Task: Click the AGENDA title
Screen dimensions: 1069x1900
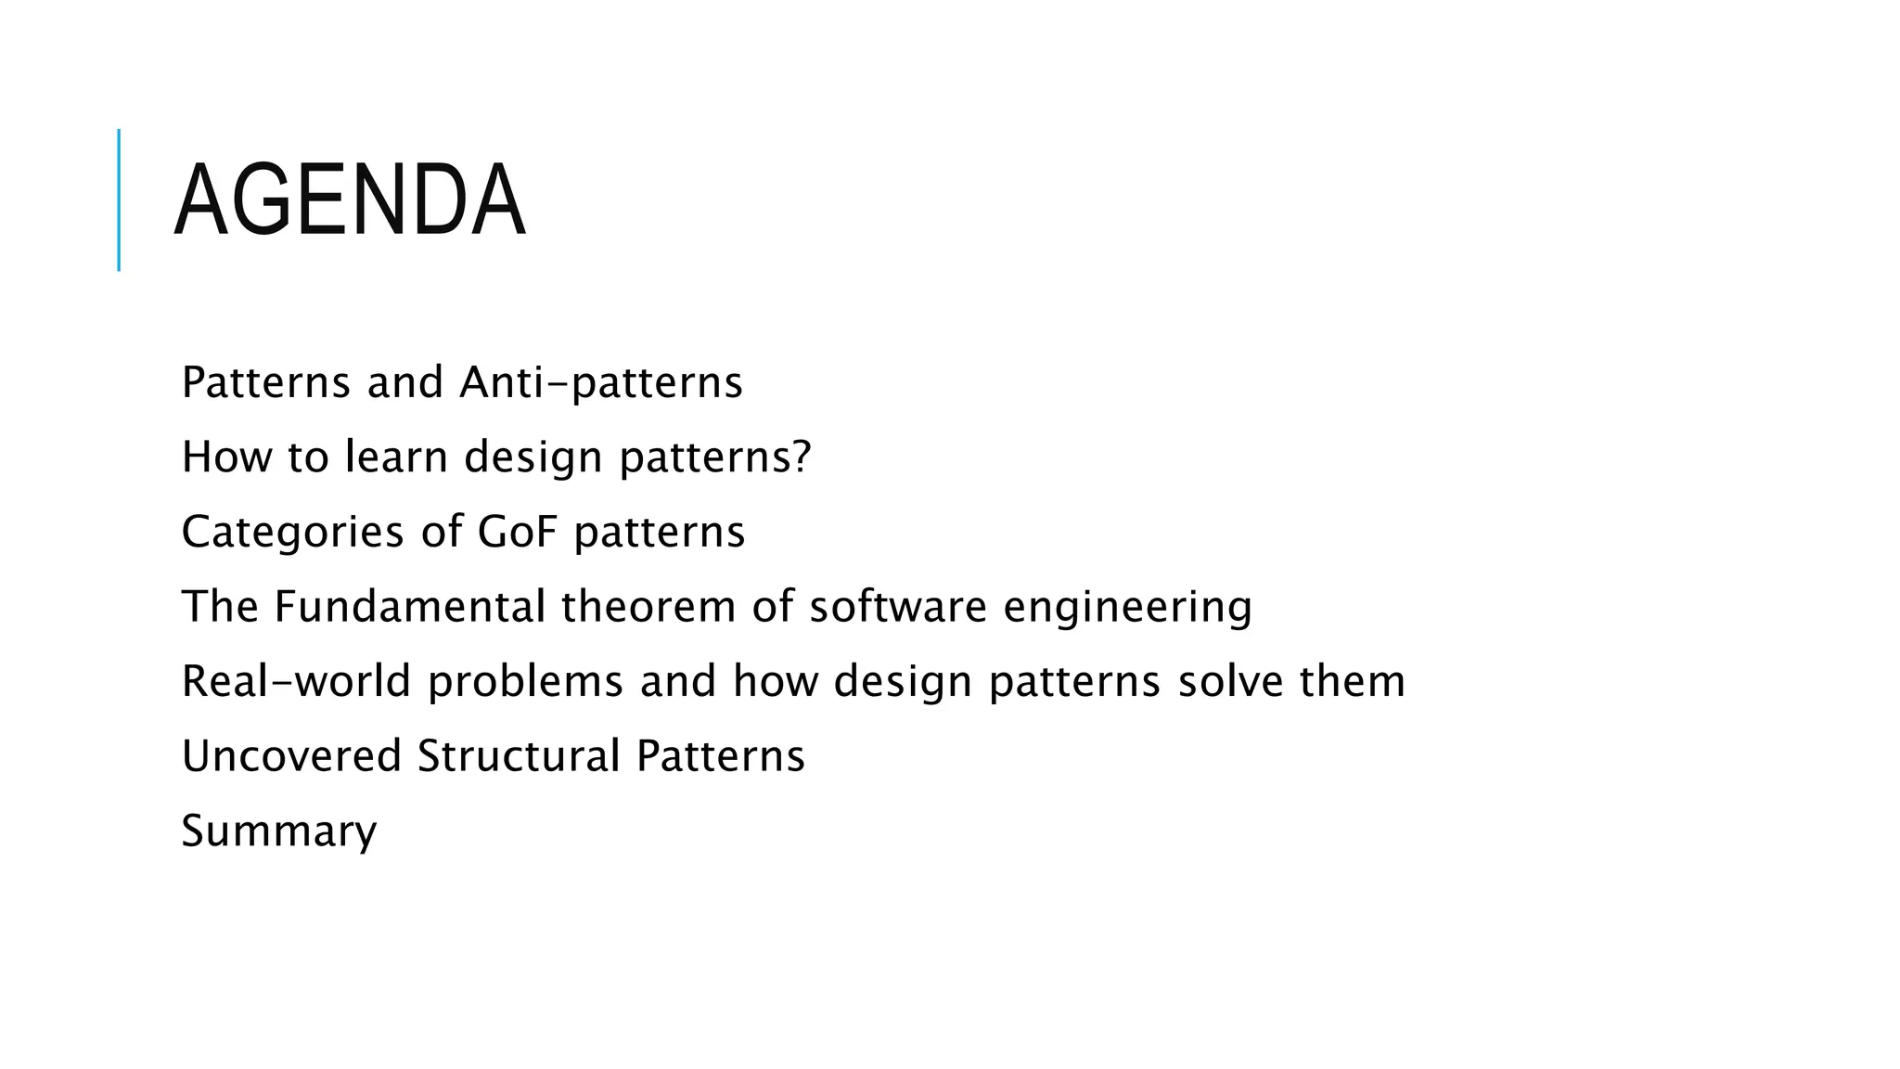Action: (350, 200)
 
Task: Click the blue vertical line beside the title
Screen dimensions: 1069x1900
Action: (119, 200)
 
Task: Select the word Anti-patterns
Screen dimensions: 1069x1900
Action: (601, 382)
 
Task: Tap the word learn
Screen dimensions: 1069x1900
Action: (396, 457)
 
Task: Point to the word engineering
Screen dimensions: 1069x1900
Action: (1127, 607)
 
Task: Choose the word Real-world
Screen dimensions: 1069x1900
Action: (296, 681)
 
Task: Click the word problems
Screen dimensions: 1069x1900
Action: (525, 681)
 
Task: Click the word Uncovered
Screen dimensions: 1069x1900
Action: (291, 756)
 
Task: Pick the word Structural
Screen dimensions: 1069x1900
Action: (519, 756)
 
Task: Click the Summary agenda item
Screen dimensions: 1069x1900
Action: (279, 831)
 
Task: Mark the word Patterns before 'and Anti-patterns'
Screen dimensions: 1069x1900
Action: (266, 382)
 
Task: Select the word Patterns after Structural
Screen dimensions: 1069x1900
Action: (720, 756)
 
